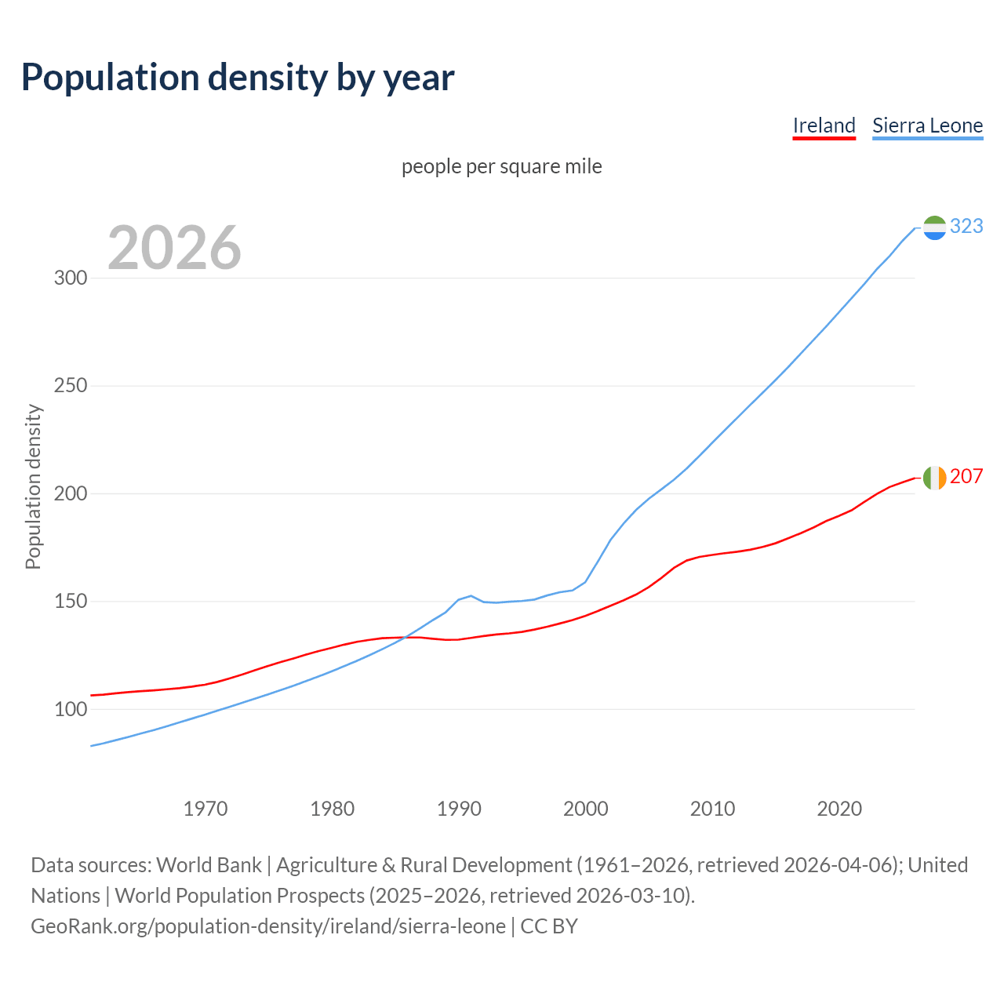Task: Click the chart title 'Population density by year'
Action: [238, 77]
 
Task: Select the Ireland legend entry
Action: [824, 125]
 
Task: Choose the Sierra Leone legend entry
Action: [927, 125]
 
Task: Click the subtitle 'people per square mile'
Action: [501, 166]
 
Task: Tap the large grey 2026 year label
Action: [174, 248]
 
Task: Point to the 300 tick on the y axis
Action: [71, 278]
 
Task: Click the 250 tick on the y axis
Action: [71, 386]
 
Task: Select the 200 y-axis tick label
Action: [71, 494]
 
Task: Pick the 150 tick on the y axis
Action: [71, 602]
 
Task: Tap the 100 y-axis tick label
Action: [71, 710]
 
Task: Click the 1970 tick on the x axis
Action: [206, 809]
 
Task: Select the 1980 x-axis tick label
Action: [333, 809]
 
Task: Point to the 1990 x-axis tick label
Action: [459, 809]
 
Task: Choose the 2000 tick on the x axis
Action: [586, 809]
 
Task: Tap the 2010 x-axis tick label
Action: [712, 809]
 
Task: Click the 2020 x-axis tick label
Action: [839, 809]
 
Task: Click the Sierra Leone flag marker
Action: [934, 227]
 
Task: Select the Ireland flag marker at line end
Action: [934, 477]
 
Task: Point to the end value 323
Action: [966, 226]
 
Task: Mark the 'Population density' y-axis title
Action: [33, 486]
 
